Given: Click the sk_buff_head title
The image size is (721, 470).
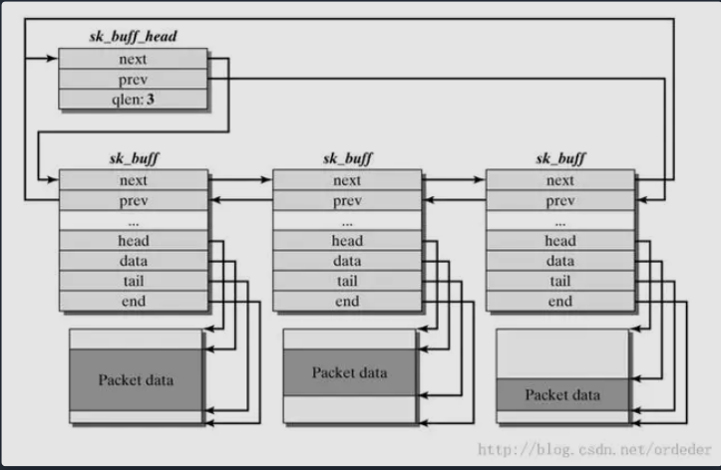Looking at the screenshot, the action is tap(133, 36).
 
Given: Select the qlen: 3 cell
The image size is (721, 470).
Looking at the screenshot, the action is tap(133, 100).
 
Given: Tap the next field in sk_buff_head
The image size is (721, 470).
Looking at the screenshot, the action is tap(133, 59).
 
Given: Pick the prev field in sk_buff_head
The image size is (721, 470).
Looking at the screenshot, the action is tap(133, 79).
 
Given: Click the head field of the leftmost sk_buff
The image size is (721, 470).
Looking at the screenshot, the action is tap(134, 241).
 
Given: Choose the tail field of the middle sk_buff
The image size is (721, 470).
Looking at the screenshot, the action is tap(347, 281).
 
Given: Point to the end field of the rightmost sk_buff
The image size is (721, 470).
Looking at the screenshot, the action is tap(560, 301).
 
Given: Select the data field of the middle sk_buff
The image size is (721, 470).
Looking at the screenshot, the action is tap(347, 261).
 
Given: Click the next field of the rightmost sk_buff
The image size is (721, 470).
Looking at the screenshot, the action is tap(560, 180).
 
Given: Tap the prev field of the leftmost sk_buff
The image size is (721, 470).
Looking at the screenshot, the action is tap(134, 200).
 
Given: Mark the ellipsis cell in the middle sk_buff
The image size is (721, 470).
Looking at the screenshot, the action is tap(347, 220).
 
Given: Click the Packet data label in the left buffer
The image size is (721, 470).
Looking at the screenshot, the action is tap(136, 380).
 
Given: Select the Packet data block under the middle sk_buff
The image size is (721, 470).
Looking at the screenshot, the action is tap(349, 372).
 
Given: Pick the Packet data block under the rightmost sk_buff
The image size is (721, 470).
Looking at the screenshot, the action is tap(562, 394).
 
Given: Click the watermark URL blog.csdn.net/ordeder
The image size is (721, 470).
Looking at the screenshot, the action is tap(595, 449).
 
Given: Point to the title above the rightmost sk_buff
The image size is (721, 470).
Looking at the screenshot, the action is tap(560, 158).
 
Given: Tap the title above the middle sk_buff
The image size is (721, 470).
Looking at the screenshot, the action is tap(348, 158).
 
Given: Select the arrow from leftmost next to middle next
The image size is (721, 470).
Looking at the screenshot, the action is tap(240, 179).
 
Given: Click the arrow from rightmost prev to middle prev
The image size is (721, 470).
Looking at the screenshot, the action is tap(455, 200).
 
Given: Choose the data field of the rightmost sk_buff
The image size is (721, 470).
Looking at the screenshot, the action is tap(560, 261).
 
